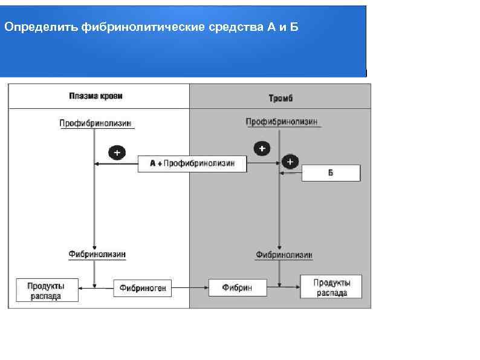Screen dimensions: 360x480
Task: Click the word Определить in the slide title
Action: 41,28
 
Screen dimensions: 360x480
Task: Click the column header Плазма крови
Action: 96,96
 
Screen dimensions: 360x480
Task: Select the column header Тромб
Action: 281,97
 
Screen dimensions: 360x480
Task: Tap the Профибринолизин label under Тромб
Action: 281,122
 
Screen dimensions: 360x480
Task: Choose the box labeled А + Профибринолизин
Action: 192,163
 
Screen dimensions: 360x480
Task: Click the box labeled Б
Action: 331,173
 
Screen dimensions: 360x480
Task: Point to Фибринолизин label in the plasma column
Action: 97,255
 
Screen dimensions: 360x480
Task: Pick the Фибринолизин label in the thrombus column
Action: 284,255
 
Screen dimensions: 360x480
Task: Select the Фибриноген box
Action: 143,289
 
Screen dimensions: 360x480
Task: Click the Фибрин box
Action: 238,288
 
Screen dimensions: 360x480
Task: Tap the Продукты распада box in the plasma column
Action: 47,290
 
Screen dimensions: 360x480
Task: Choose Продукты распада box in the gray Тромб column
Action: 331,287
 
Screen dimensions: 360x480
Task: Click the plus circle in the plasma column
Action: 117,152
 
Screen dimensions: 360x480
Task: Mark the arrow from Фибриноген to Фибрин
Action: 190,289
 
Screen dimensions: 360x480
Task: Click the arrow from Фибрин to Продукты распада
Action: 284,288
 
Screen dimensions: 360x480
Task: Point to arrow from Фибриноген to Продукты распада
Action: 96,289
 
